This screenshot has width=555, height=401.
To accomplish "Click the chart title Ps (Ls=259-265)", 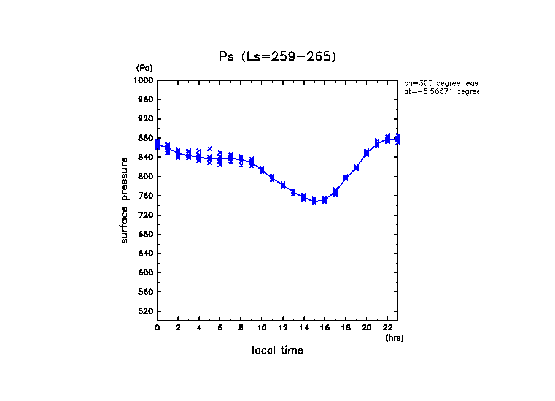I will click(277, 56).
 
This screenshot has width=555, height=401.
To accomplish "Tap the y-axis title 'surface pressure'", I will click(125, 200).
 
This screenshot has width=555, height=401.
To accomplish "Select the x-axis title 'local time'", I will click(277, 350).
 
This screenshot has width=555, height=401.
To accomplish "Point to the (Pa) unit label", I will click(144, 68).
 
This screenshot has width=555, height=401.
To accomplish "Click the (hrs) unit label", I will click(394, 337).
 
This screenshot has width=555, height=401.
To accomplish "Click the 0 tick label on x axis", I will click(157, 328).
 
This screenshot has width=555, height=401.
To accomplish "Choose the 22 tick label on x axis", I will click(387, 328).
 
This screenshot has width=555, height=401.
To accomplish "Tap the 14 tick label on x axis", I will click(304, 328).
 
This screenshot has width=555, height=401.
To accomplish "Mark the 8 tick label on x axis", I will click(241, 328).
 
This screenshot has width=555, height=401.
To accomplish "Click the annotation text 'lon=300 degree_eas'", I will click(440, 83).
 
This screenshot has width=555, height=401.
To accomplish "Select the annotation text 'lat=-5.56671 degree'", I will click(440, 91).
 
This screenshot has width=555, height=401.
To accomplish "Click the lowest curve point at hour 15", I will click(314, 201).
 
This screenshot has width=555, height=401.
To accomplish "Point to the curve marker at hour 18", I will click(346, 178).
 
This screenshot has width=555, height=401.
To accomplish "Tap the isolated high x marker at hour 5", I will click(209, 148).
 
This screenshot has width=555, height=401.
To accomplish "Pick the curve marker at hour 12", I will click(283, 185).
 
